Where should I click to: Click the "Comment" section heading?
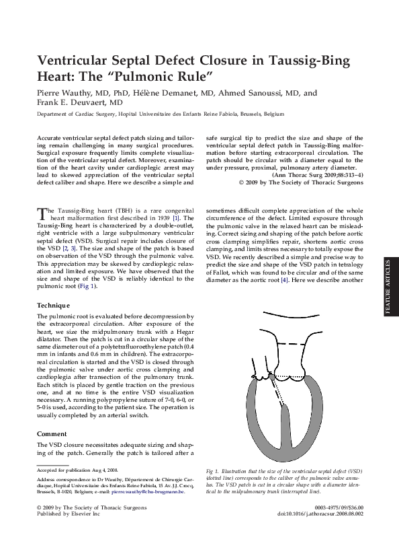[x=53, y=433]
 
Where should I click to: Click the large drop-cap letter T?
[x=42, y=213]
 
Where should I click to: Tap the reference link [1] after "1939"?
[x=176, y=219]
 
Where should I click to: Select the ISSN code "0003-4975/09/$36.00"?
[x=340, y=507]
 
